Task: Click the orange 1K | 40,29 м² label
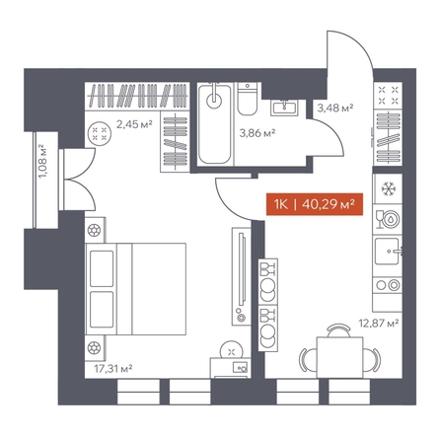tap(315, 204)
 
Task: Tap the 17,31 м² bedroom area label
tap(113, 369)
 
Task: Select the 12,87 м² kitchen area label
tap(379, 324)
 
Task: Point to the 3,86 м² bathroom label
tap(257, 133)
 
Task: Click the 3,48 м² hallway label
tap(335, 108)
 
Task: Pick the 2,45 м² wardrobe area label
tap(134, 124)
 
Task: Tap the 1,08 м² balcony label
tap(42, 162)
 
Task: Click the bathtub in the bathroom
tap(215, 123)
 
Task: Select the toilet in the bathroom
tap(247, 99)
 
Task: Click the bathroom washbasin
tap(285, 108)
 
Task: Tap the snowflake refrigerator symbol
tap(388, 188)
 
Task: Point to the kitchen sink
tap(389, 252)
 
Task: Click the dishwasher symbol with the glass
tap(388, 219)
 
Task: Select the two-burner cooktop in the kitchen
tap(387, 285)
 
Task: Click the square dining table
tap(339, 357)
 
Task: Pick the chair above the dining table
tap(339, 330)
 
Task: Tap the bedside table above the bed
tap(95, 230)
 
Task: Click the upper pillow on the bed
tap(102, 268)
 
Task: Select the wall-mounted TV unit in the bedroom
tap(242, 276)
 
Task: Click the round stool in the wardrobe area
tap(100, 133)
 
